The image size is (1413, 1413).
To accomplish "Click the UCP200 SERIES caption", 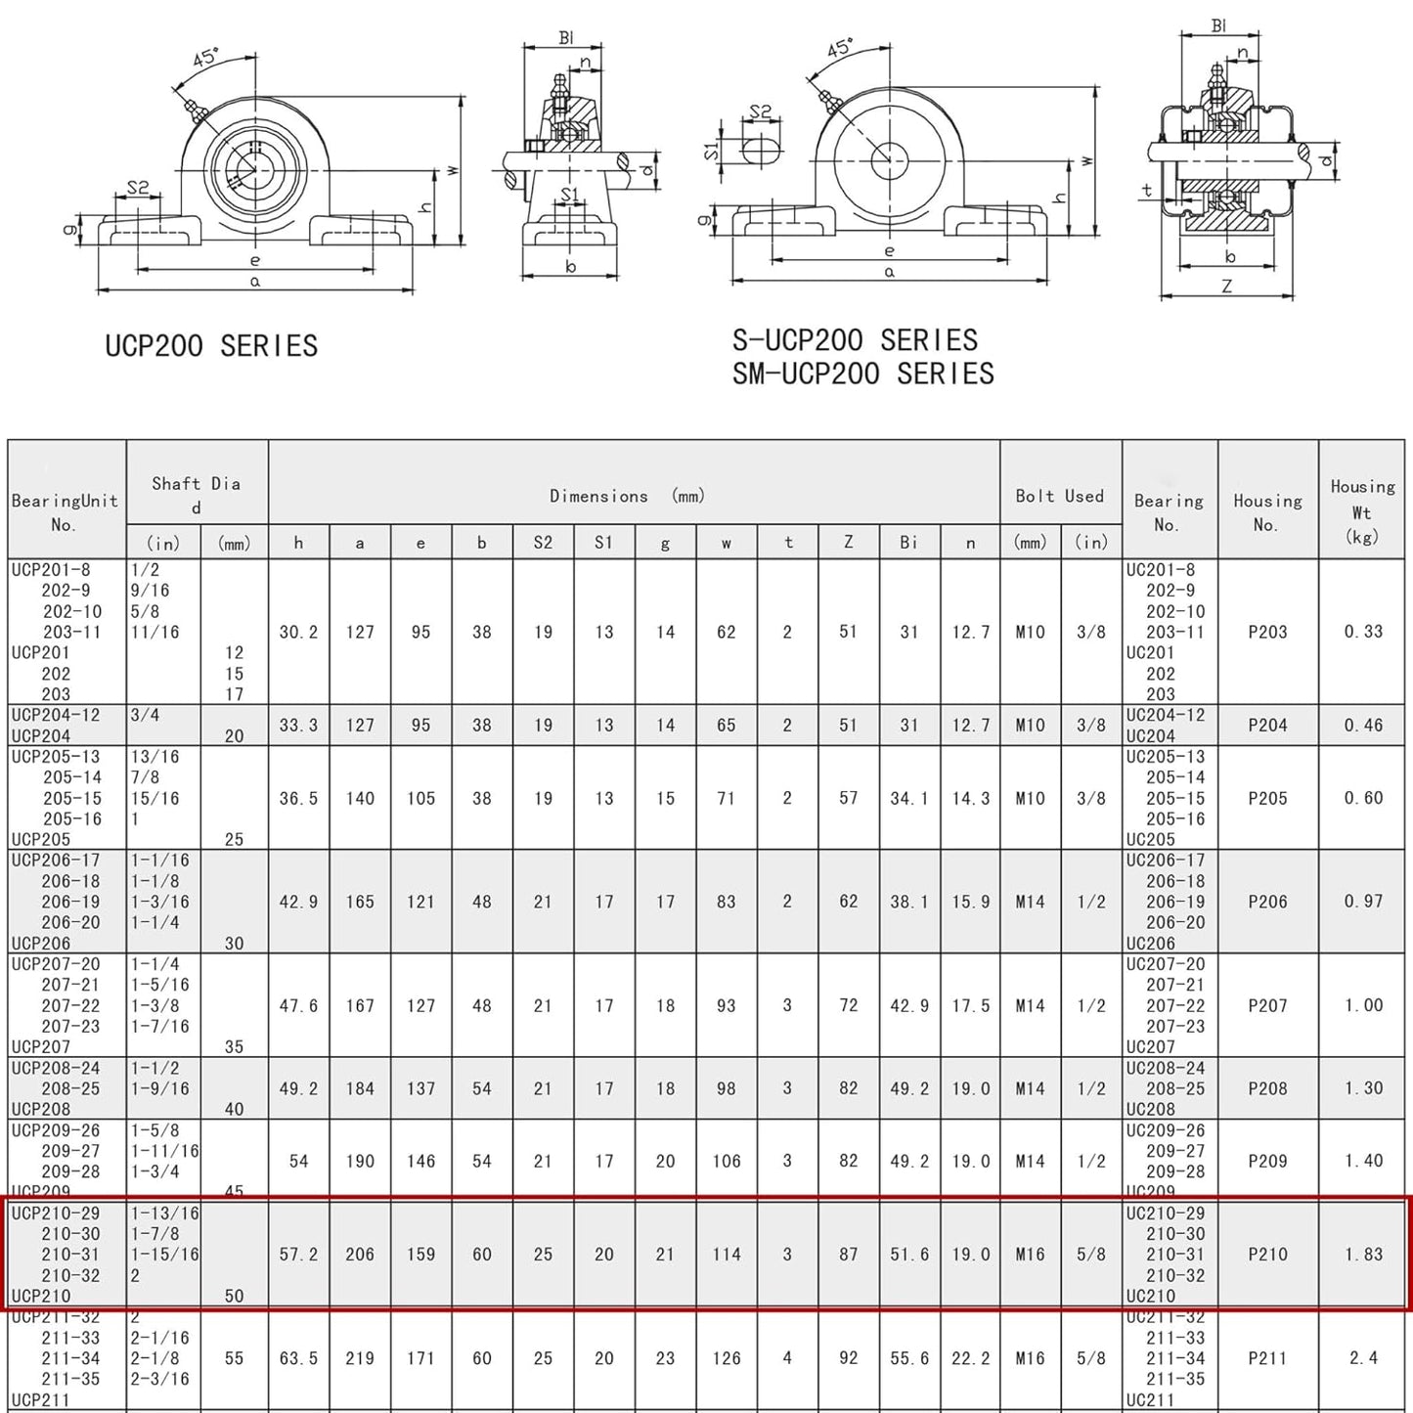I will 211,346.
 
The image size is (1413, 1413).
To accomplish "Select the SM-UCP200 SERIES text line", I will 862,374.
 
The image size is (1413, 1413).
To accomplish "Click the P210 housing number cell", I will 1267,1255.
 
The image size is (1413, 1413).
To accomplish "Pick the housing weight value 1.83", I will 1362,1255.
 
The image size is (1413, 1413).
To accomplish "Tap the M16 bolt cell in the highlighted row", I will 1030,1255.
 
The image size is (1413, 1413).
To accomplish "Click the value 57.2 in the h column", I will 298,1255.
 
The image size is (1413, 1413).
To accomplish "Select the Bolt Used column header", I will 1059,496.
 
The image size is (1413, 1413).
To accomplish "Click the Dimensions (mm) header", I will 627,496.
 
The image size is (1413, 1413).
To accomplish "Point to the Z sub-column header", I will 848,542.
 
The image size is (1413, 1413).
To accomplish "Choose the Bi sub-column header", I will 908,542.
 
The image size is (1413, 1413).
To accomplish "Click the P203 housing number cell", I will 1267,632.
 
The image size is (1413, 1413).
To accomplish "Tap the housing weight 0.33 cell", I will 1362,632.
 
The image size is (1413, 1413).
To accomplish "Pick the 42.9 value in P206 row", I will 298,902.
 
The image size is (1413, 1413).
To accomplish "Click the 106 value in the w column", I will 726,1161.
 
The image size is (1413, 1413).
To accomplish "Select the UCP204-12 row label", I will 56,715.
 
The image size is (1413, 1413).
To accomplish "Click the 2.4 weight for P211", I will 1362,1358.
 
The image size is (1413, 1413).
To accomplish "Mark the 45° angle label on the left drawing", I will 204,58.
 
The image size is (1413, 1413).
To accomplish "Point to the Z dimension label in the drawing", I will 1226,287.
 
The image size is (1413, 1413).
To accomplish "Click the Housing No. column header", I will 1267,512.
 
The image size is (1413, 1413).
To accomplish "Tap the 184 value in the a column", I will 359,1088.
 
